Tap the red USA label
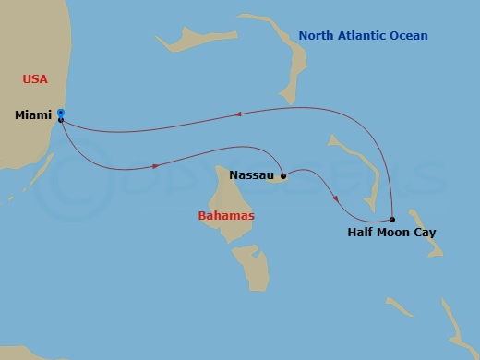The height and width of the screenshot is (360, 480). [35, 79]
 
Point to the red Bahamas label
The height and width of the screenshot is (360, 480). [226, 216]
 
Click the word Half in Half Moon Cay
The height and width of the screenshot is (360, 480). [361, 233]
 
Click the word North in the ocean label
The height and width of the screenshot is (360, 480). [317, 36]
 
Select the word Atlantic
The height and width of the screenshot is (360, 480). [364, 36]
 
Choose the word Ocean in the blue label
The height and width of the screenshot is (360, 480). [409, 36]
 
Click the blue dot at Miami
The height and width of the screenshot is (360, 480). [60, 113]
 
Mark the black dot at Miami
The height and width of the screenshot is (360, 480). [60, 120]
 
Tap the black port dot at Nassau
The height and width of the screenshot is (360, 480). [282, 174]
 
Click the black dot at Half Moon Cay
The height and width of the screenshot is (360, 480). [392, 219]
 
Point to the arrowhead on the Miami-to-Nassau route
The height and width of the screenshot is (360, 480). [155, 166]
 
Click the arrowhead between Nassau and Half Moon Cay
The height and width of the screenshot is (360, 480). [335, 198]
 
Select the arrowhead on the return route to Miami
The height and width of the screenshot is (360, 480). [238, 114]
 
